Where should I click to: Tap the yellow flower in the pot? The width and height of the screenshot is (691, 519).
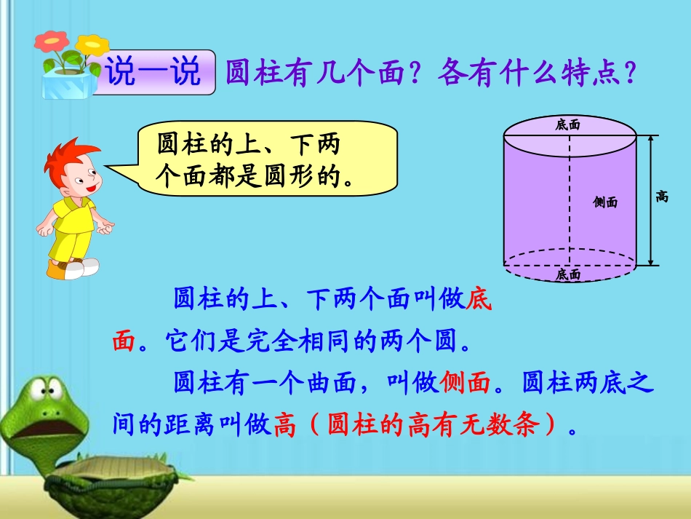pyautogui.click(x=92, y=46)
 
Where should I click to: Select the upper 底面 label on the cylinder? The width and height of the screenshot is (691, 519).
pyautogui.click(x=568, y=125)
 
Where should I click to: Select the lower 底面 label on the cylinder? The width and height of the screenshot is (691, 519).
pyautogui.click(x=568, y=274)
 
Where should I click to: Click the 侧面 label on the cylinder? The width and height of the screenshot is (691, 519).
pyautogui.click(x=605, y=202)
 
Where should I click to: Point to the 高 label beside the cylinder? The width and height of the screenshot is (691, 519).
pyautogui.click(x=662, y=196)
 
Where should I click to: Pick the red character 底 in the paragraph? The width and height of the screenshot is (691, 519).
pyautogui.click(x=479, y=299)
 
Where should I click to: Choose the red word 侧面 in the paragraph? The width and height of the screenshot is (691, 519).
pyautogui.click(x=466, y=382)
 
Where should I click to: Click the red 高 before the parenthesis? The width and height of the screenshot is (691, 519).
pyautogui.click(x=286, y=425)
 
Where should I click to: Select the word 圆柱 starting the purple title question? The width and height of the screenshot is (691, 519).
pyautogui.click(x=249, y=73)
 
